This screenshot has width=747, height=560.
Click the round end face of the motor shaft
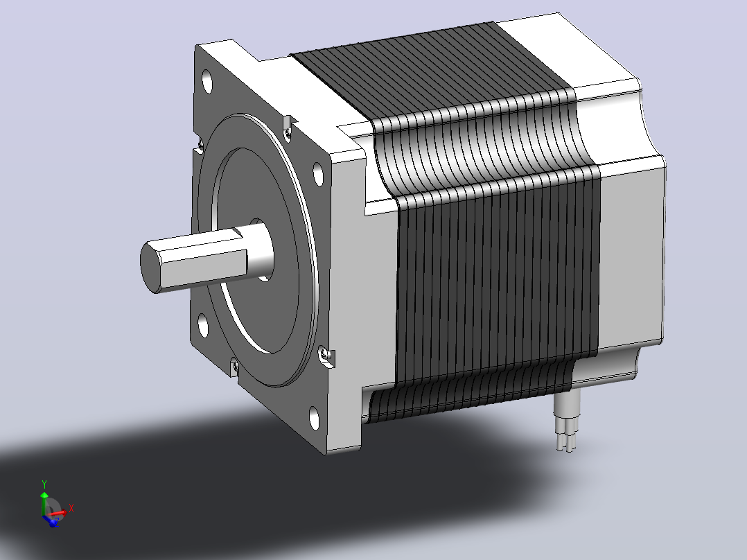150,267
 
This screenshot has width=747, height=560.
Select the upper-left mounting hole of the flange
207,82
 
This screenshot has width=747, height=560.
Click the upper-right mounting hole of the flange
318,173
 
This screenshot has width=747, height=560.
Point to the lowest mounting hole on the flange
315,418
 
